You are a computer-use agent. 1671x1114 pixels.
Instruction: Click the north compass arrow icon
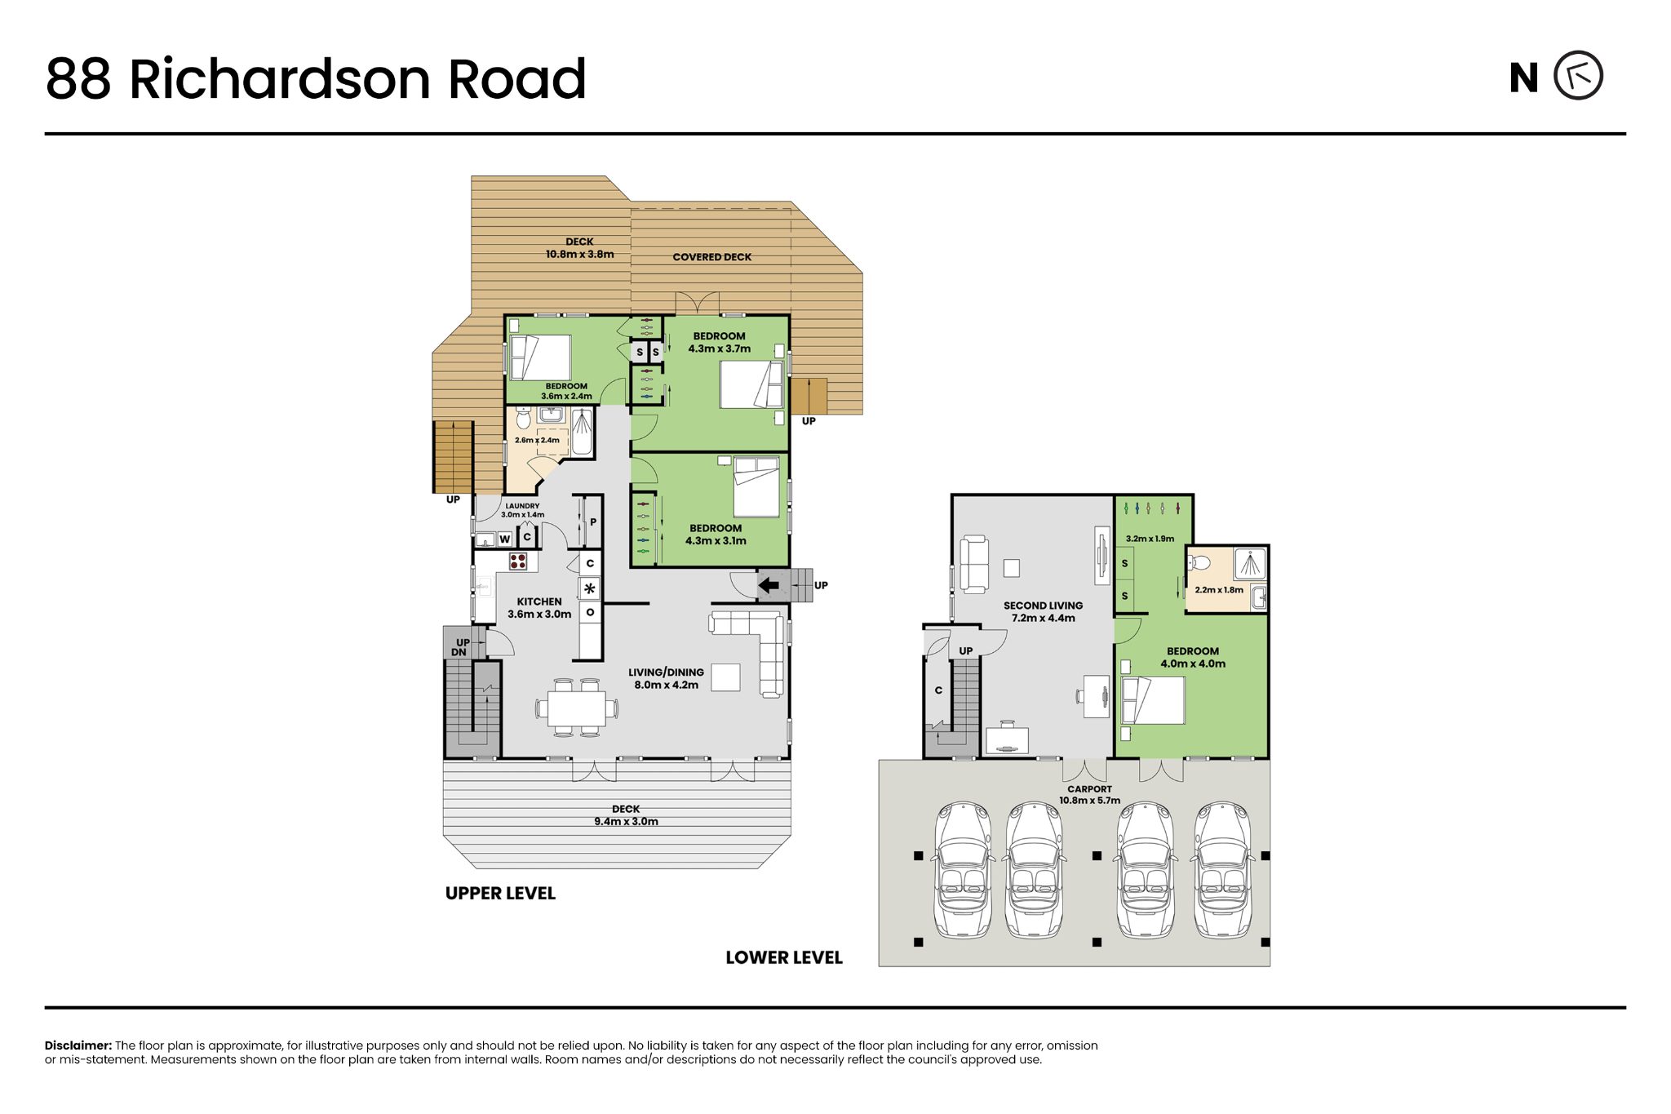tap(1578, 76)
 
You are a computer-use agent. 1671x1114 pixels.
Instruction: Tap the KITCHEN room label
tap(539, 601)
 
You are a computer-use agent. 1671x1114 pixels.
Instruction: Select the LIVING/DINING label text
tap(666, 672)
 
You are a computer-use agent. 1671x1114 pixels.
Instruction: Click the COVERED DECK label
tap(712, 257)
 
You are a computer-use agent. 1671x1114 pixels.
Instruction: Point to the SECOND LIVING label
tap(1043, 606)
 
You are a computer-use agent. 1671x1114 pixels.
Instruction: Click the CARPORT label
tap(1089, 789)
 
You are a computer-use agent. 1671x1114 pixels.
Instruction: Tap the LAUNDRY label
tap(522, 506)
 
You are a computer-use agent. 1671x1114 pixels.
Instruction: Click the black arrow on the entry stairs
tap(769, 585)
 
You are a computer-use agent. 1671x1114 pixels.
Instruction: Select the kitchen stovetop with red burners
tap(517, 561)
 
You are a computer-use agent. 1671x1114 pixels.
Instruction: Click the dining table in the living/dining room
tap(577, 708)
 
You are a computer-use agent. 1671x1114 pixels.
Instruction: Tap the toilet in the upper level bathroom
tap(524, 420)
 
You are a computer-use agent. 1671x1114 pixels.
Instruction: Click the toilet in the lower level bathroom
tap(1199, 562)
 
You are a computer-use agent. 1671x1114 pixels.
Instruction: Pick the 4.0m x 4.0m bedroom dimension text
tap(1193, 664)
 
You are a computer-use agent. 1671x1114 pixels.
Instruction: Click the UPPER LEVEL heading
tap(500, 894)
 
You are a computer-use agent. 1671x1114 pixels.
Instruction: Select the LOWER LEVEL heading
tap(784, 958)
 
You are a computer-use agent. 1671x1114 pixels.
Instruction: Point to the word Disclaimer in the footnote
tap(78, 1045)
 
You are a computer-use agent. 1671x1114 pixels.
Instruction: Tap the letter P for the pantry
tap(593, 522)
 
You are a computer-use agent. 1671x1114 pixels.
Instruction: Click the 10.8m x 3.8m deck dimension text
tap(579, 254)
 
